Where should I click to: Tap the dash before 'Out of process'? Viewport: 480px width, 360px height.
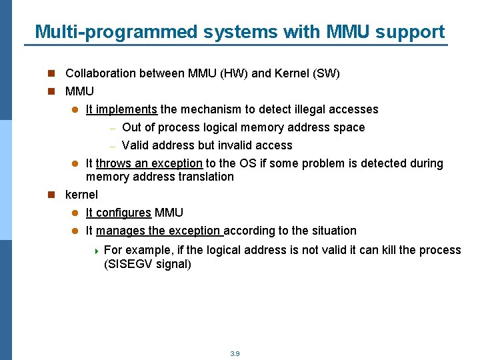(113, 128)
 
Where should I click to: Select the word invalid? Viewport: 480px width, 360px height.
(234, 145)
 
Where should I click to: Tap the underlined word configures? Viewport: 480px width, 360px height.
(123, 213)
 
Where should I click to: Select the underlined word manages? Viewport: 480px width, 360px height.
(120, 231)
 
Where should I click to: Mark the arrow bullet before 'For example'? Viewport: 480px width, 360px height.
(97, 251)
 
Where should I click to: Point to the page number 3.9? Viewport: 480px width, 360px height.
(235, 353)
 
